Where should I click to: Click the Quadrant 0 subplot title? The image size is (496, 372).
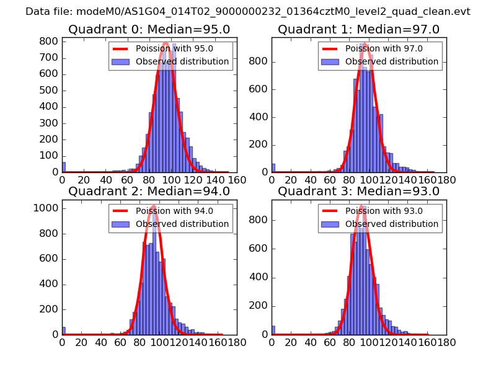[x=149, y=29]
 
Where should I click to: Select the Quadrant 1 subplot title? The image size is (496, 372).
[x=358, y=29]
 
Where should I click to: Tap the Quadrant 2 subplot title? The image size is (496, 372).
[x=149, y=192]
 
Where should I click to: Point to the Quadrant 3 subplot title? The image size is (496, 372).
[x=358, y=192]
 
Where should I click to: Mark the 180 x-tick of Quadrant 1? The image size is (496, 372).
[x=446, y=180]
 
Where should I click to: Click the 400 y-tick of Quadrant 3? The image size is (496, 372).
[x=260, y=277]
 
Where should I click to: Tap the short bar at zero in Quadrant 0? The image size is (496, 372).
[x=64, y=167]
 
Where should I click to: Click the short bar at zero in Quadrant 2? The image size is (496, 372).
[x=64, y=331]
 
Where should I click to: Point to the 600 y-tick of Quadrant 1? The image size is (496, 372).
[x=260, y=89]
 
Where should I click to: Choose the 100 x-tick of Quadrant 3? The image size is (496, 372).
[x=369, y=342]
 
